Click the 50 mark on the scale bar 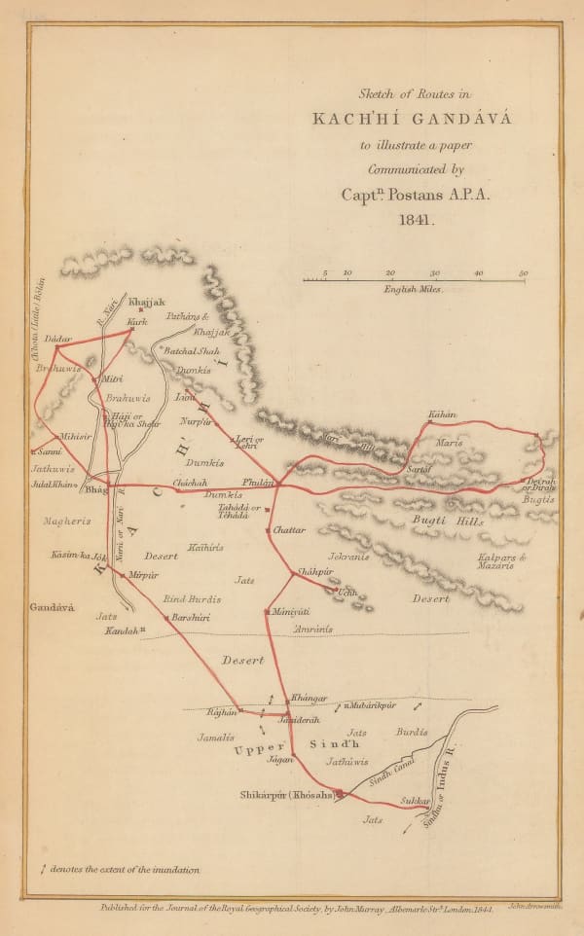pos(524,273)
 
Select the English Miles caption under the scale pos(413,290)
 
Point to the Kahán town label pos(442,414)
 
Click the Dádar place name pos(59,339)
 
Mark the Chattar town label pos(288,530)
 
